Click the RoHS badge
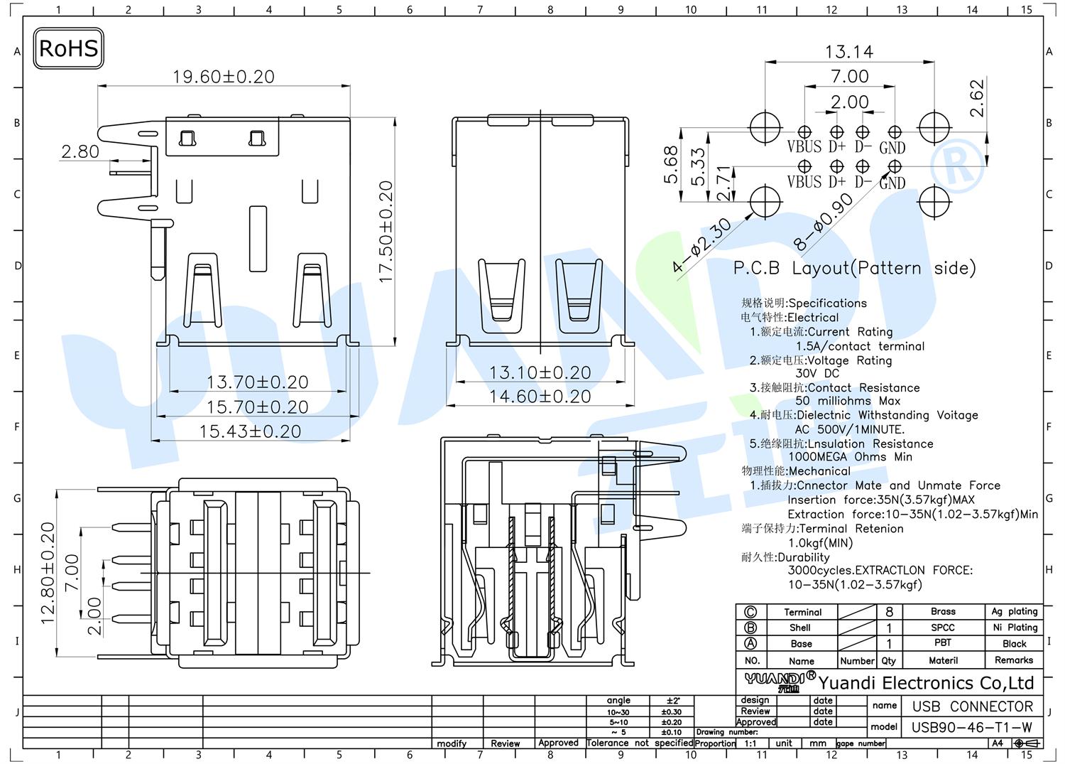click(68, 48)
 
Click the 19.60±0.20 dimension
click(224, 77)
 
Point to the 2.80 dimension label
click(80, 151)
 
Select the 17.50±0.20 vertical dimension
click(386, 232)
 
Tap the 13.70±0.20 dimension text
click(257, 382)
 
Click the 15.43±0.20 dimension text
click(250, 431)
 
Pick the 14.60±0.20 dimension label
click(540, 396)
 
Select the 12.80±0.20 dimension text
click(48, 573)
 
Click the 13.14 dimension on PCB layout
click(849, 51)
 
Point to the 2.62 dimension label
click(976, 98)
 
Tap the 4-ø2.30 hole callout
click(702, 245)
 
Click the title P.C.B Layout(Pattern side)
click(854, 268)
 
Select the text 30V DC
click(817, 374)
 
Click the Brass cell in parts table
click(943, 611)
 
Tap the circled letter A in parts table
click(750, 644)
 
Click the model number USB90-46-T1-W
click(971, 727)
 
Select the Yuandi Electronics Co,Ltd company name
click(926, 683)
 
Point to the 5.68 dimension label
click(670, 165)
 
